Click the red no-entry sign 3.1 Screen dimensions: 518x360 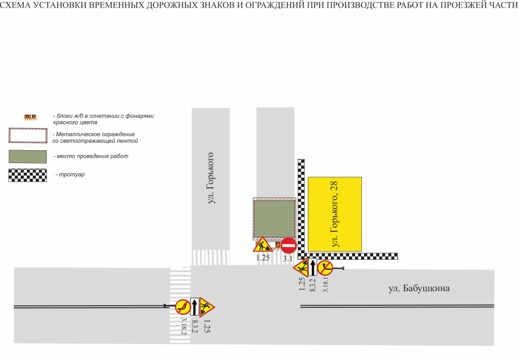tap(289, 245)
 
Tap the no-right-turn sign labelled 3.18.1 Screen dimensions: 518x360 tap(325, 268)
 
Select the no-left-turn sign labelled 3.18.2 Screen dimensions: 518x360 tap(183, 307)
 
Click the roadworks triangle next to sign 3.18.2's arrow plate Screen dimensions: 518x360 tap(207, 307)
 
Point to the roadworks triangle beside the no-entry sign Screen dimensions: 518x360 tap(263, 245)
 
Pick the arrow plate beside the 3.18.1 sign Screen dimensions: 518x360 tap(313, 267)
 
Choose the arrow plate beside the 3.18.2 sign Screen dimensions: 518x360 tap(195, 307)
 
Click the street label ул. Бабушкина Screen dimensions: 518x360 tap(419, 288)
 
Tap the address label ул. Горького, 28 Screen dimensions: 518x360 tap(334, 214)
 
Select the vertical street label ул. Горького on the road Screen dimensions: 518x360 tap(210, 178)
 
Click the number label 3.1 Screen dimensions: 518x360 tap(288, 259)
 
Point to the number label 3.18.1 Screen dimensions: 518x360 tap(325, 284)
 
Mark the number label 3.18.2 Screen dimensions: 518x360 tap(184, 326)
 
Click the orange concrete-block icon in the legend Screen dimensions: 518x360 tap(30, 117)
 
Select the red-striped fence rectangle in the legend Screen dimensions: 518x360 tap(28, 135)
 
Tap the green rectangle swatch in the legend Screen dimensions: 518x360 tap(28, 156)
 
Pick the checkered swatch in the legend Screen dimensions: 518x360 tap(28, 175)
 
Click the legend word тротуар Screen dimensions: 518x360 tap(72, 175)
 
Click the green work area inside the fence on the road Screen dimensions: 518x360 tap(274, 219)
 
